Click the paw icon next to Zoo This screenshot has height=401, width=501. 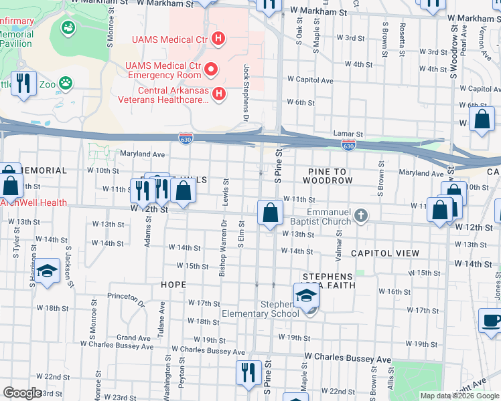point(65,84)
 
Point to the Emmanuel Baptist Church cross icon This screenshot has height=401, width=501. point(361,215)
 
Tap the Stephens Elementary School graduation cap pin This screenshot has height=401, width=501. point(305,295)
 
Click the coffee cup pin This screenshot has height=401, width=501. point(491,319)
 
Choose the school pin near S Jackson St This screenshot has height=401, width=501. point(47,271)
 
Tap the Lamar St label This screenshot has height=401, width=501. point(350,134)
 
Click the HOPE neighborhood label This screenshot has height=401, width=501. point(173,285)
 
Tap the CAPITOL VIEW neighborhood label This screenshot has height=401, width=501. point(385,253)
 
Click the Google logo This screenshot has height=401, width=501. point(22,393)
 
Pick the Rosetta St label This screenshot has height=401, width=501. point(401,39)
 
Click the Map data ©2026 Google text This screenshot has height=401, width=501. point(459,396)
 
